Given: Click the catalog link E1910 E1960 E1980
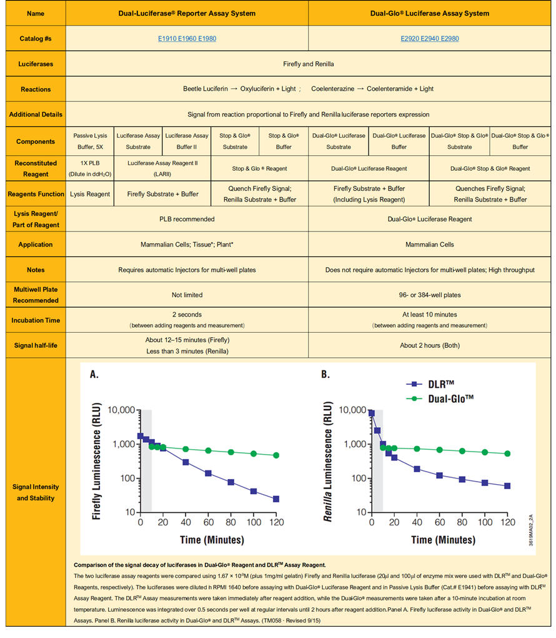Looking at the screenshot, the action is [x=187, y=39].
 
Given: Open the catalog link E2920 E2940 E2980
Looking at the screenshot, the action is [x=430, y=39].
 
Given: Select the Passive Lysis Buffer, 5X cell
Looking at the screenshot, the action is [x=90, y=141].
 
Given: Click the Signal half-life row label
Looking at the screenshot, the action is [x=36, y=345].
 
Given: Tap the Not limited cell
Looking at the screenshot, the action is [x=187, y=295].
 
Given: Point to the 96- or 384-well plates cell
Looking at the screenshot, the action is [x=430, y=295].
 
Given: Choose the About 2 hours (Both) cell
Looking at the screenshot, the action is [x=430, y=345].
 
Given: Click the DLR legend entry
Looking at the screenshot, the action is [x=430, y=384].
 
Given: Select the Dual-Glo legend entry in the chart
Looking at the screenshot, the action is [x=440, y=399].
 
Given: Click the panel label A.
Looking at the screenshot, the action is [x=94, y=374].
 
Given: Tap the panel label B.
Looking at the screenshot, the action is [x=325, y=374].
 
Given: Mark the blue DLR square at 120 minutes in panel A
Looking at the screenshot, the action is [x=276, y=499].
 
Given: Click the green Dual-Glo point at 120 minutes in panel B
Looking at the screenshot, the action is [x=507, y=453].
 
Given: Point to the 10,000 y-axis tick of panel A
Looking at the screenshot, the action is [x=121, y=410].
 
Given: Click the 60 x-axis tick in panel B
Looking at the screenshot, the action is [x=440, y=522].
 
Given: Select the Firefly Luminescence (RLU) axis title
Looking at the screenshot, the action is [x=96, y=461].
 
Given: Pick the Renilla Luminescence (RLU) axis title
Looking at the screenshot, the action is [x=327, y=461].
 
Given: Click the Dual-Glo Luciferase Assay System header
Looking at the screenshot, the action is [x=430, y=13].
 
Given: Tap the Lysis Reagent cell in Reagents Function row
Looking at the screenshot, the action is [x=90, y=194].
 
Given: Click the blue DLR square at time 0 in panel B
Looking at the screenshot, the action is [x=372, y=413].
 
